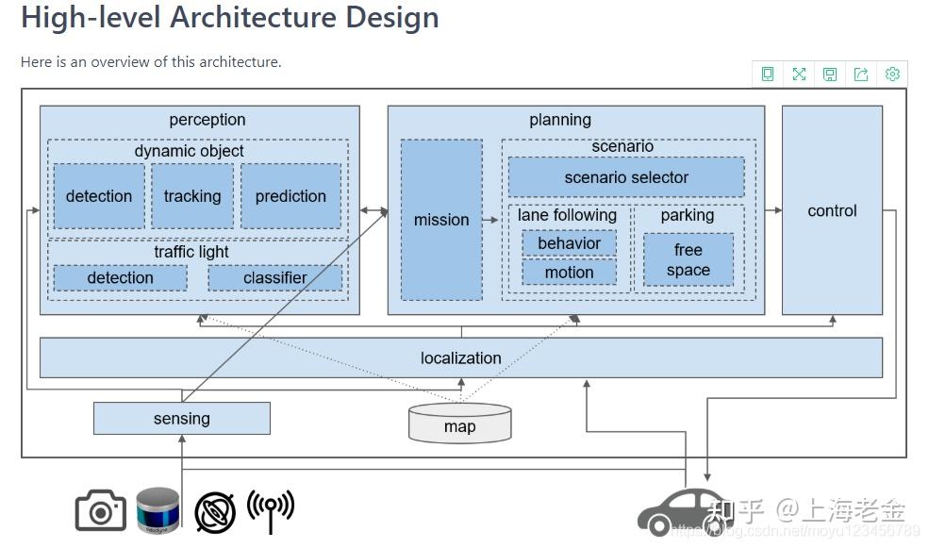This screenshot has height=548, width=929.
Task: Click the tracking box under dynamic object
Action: (192, 196)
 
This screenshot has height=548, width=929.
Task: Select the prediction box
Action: (290, 196)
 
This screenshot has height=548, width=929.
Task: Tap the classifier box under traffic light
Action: (274, 278)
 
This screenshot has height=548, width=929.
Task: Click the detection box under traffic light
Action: (120, 278)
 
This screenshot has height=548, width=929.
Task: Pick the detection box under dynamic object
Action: (99, 196)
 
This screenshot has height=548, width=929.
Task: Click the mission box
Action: (441, 220)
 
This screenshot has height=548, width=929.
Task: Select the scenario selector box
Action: (626, 177)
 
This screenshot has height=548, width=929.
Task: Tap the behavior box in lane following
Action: (569, 243)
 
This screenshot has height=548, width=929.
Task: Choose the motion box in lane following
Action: (569, 273)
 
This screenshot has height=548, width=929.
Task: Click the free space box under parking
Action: (688, 260)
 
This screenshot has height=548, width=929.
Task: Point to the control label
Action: (832, 211)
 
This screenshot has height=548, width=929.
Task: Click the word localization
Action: (460, 358)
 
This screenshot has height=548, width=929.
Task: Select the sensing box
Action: (182, 419)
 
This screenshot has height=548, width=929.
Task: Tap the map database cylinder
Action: (460, 423)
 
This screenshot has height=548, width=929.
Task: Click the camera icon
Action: (100, 510)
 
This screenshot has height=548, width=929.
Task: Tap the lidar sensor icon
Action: (158, 511)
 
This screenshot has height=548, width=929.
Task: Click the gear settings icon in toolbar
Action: (892, 75)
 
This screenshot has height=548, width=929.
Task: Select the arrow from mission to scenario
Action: (490, 220)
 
